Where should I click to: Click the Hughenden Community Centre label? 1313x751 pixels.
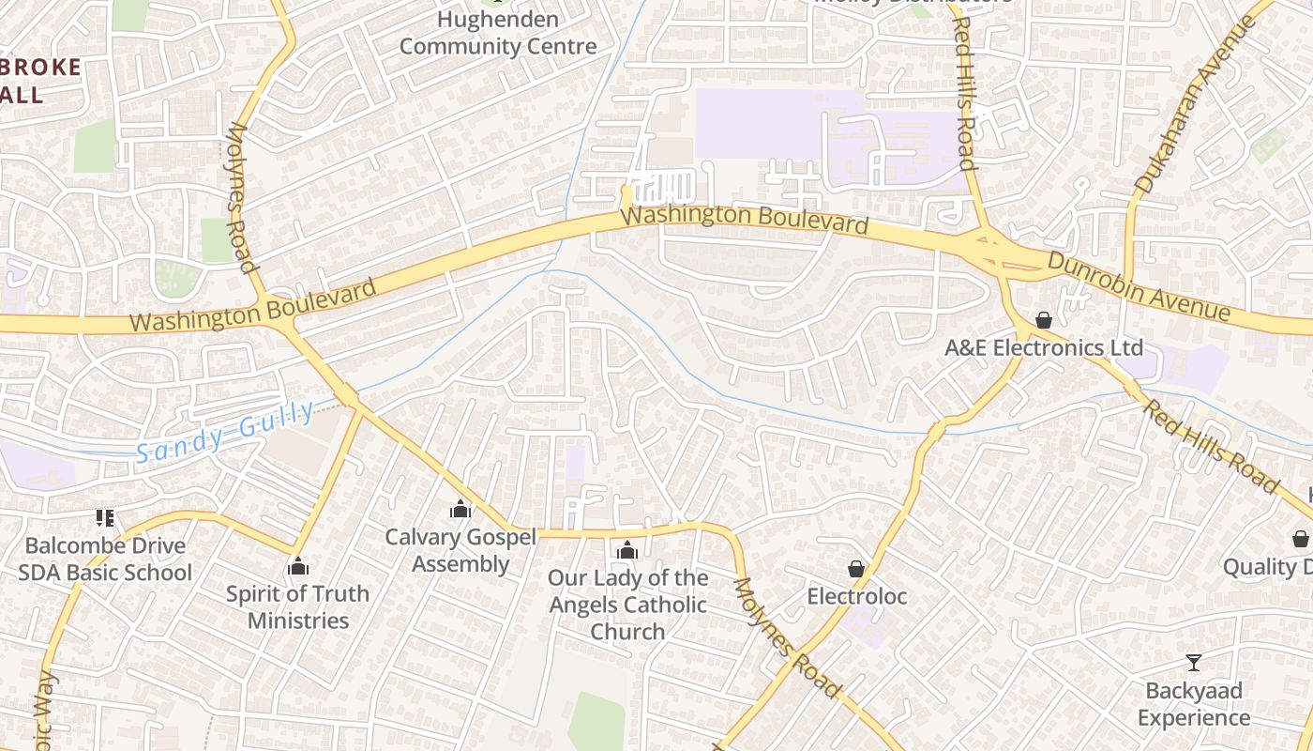498,33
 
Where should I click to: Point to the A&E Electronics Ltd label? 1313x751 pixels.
1044,348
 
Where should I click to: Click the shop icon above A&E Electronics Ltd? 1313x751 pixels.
1044,320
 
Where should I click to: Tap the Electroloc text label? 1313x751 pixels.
856,596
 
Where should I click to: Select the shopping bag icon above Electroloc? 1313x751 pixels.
856,569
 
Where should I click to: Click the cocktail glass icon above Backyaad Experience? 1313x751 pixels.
1193,663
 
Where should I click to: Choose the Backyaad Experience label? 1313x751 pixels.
1193,704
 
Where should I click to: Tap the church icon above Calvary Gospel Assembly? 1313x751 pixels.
460,509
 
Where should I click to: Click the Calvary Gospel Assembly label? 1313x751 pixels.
460,550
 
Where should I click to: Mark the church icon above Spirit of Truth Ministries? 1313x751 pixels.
298,566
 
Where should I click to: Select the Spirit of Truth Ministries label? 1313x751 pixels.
298,606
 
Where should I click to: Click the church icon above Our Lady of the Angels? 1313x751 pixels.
627,550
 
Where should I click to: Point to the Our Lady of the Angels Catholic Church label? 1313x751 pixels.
627,605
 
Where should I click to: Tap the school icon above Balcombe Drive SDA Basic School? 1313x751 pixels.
105,517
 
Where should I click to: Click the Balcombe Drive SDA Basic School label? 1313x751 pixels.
105,559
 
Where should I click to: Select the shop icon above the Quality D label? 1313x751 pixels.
1300,539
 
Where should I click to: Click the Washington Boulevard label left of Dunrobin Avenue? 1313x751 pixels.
745,221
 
